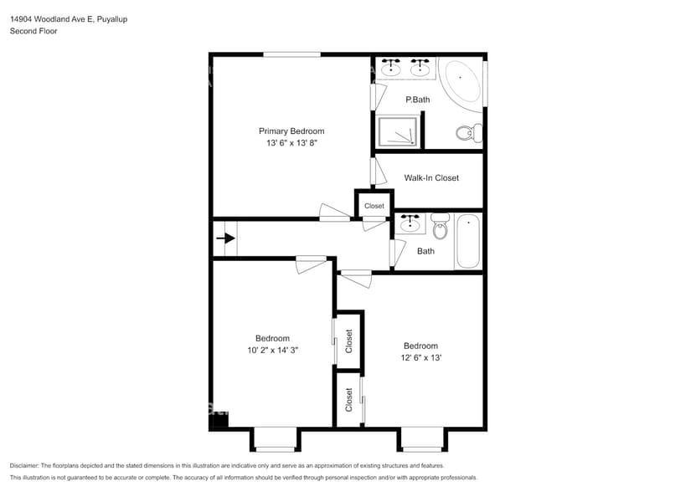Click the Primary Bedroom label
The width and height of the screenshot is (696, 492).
pos(291,131)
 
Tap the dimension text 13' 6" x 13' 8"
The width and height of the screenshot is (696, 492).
pos(291,143)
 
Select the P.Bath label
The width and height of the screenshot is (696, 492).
pos(417,100)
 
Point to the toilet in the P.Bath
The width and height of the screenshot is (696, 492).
pos(467,132)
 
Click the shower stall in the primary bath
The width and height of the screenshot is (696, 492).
pos(397,132)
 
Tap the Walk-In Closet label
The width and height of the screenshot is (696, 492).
pos(431,177)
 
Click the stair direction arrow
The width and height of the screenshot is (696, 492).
pos(225,238)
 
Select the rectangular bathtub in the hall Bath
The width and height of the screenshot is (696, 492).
pos(467,242)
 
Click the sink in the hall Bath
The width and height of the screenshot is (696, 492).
pos(410,223)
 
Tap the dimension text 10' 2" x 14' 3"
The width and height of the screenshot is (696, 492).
pos(272,351)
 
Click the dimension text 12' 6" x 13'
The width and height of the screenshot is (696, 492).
pos(420,358)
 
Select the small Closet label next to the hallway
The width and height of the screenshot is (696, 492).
pos(374,206)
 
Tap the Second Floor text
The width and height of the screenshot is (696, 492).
pos(34,31)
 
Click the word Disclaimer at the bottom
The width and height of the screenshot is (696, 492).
pos(28,465)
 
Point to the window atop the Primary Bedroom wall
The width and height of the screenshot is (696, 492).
pos(291,55)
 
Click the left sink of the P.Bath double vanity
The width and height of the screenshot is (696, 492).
pos(390,69)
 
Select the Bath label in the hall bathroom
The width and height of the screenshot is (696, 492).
pos(425,251)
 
